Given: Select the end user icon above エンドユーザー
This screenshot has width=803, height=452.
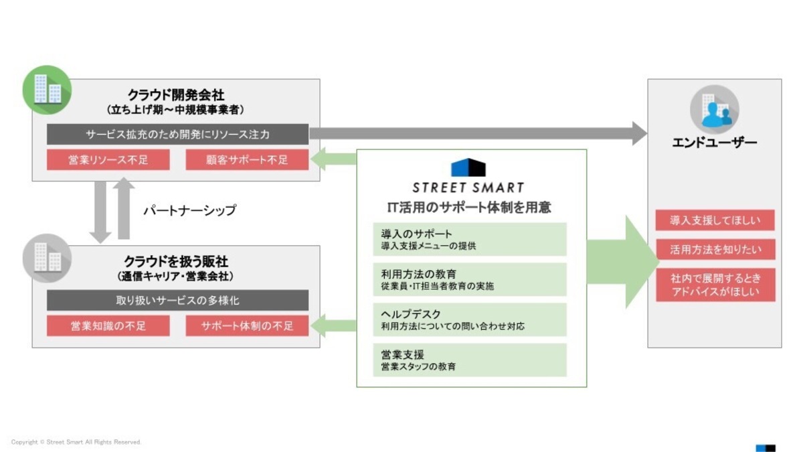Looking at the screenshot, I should [x=714, y=109].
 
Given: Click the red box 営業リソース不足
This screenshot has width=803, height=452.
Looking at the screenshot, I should [x=108, y=159].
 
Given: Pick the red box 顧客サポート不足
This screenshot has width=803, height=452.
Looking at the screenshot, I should [x=247, y=159].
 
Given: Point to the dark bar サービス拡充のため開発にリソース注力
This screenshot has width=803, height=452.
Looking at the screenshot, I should [x=177, y=134].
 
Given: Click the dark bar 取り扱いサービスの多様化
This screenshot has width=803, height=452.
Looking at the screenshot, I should [x=177, y=300].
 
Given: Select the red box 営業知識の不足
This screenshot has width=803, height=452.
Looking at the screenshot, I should [x=108, y=325].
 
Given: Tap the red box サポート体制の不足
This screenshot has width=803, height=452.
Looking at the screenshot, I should [x=247, y=325].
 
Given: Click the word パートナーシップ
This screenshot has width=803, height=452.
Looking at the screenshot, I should [x=189, y=210].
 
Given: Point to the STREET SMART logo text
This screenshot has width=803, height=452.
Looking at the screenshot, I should [x=468, y=188].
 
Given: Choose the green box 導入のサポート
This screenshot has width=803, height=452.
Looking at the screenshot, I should [x=470, y=239].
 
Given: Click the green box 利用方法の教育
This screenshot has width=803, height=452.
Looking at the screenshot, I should [x=470, y=279].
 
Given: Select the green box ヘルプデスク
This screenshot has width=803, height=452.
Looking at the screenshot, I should [x=470, y=319].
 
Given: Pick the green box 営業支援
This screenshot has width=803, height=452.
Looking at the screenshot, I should [x=470, y=360].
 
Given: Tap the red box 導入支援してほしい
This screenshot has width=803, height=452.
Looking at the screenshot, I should [x=715, y=220].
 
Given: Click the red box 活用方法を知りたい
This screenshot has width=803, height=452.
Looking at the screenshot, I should [x=715, y=250].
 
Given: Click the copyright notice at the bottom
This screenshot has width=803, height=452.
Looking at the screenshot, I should [x=76, y=442].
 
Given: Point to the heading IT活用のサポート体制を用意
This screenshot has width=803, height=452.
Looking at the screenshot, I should [x=470, y=208].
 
